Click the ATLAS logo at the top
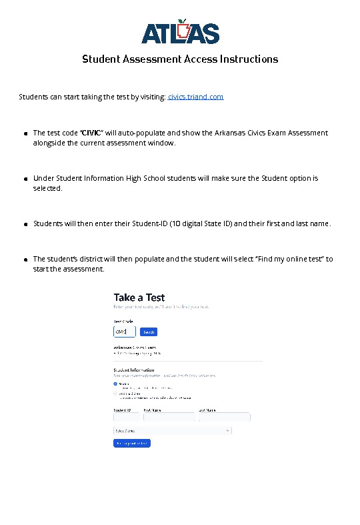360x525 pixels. tap(180, 31)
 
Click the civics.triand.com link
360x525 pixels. tap(195, 97)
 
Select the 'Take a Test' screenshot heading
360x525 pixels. tap(139, 298)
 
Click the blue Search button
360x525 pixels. tap(149, 332)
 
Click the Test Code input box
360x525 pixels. tap(125, 332)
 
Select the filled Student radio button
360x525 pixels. tap(115, 384)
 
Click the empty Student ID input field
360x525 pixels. tap(126, 417)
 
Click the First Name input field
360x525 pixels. tap(169, 417)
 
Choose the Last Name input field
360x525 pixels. tap(224, 417)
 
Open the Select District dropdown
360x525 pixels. tap(173, 431)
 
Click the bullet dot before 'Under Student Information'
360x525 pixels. tap(25, 179)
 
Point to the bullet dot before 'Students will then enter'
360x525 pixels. tap(25, 224)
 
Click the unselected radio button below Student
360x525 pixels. tap(115, 394)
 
